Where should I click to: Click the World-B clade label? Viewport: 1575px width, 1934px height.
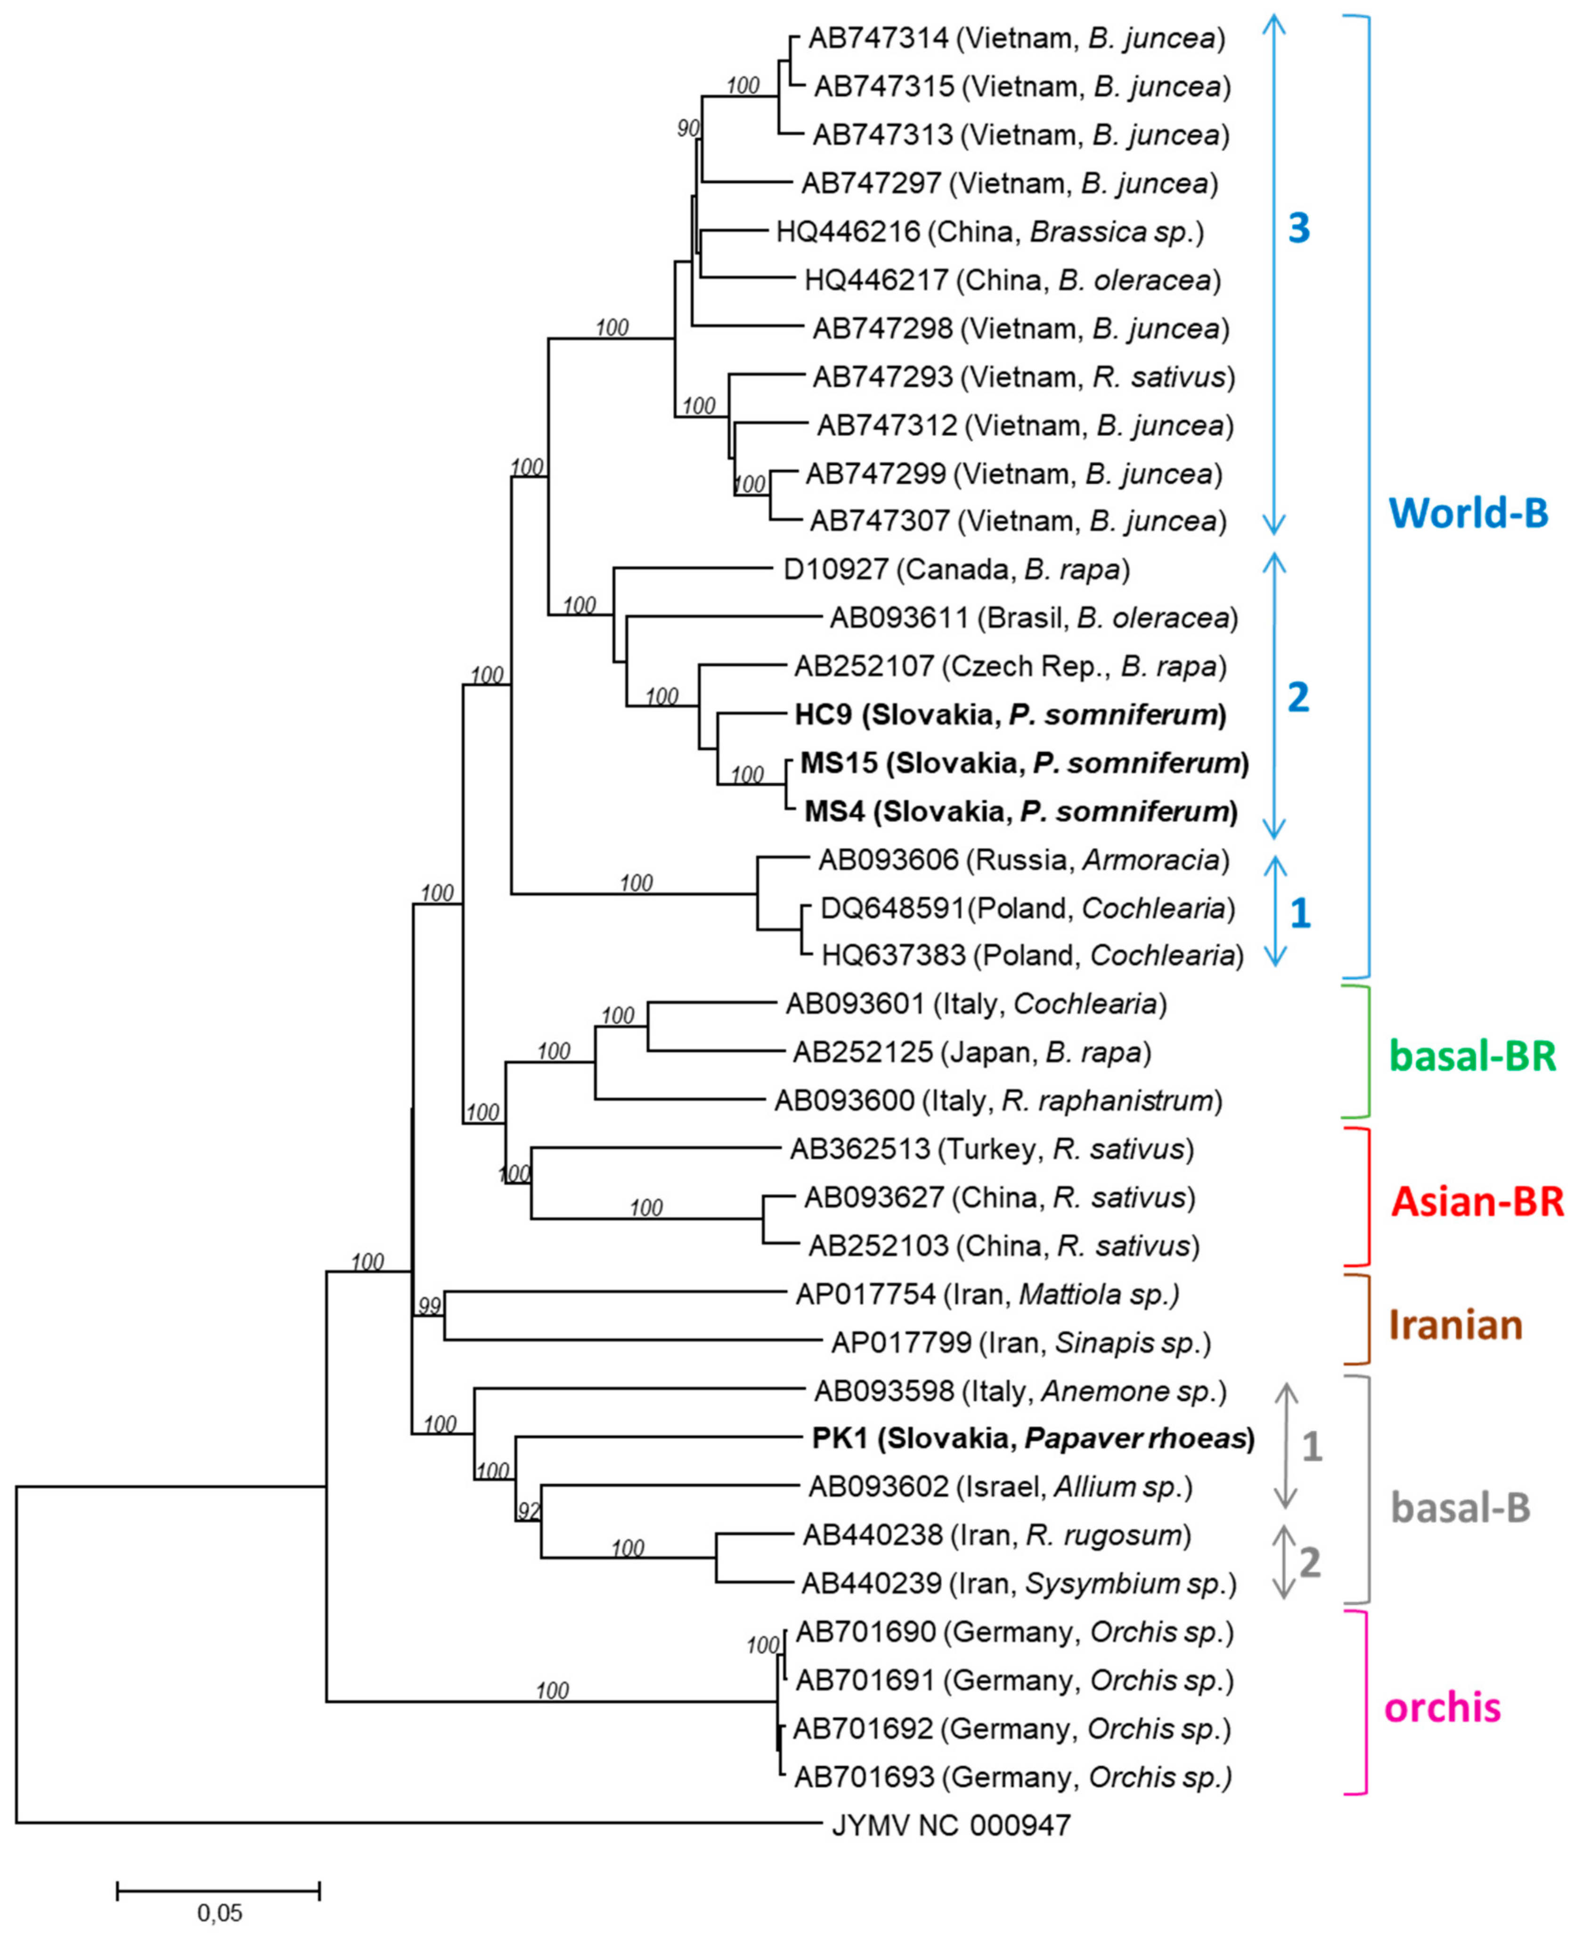point(1469,513)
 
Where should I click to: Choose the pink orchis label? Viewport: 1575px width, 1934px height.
point(1443,1707)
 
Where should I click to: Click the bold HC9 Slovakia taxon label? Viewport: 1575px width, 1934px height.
point(1010,715)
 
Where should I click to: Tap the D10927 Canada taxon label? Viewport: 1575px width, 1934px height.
point(956,569)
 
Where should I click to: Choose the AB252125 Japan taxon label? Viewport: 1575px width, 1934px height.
point(971,1052)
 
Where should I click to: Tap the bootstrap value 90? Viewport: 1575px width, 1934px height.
point(689,129)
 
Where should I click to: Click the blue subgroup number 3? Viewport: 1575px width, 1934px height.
point(1299,228)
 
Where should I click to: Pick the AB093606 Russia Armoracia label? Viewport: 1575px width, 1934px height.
point(1023,860)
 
